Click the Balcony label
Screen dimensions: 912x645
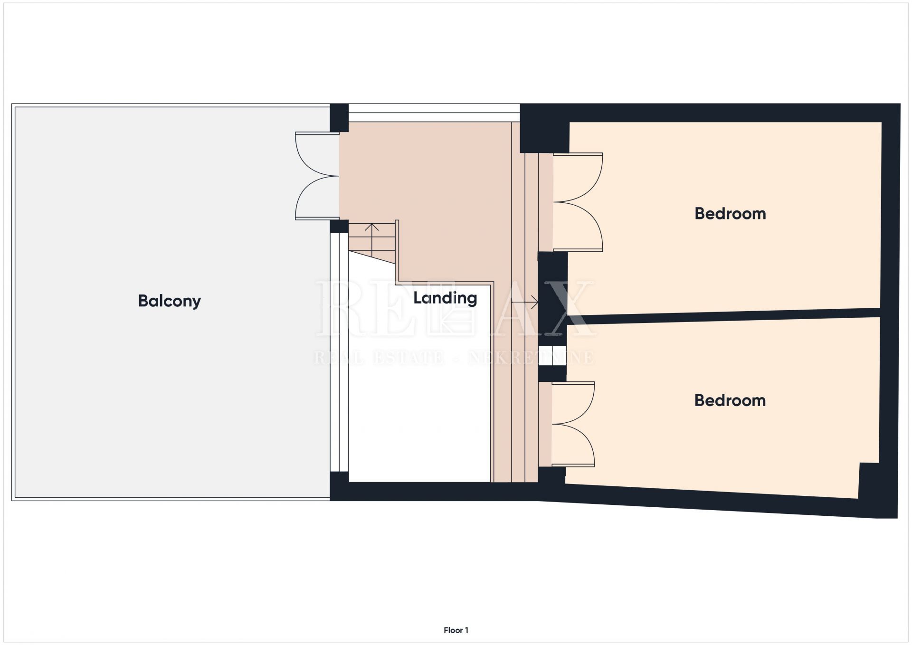pyautogui.click(x=170, y=301)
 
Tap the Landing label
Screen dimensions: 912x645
pyautogui.click(x=445, y=298)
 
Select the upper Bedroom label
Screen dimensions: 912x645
pyautogui.click(x=730, y=214)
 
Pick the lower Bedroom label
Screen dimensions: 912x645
pyautogui.click(x=730, y=400)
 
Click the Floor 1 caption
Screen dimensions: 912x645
pyautogui.click(x=456, y=630)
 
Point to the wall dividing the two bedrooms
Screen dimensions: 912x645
pyautogui.click(x=724, y=315)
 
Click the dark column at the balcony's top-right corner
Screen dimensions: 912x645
pyautogui.click(x=339, y=118)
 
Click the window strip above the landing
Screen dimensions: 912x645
pyautogui.click(x=434, y=113)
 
